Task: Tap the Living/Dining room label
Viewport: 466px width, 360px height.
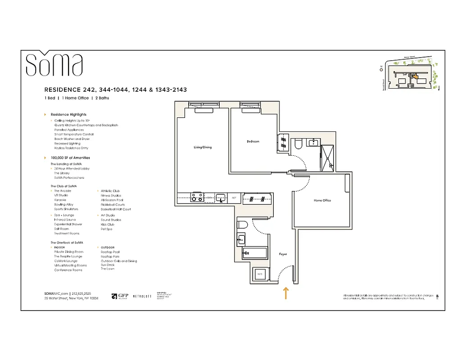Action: pyautogui.click(x=202, y=148)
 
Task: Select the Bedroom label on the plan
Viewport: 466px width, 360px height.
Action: pyautogui.click(x=253, y=142)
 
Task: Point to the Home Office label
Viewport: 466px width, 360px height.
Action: pyautogui.click(x=322, y=200)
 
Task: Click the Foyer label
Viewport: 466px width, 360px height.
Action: pyautogui.click(x=283, y=254)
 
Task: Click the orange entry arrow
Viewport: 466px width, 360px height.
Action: pyautogui.click(x=285, y=293)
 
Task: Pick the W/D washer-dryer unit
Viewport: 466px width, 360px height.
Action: pyautogui.click(x=260, y=274)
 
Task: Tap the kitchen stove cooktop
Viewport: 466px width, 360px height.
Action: pyautogui.click(x=196, y=197)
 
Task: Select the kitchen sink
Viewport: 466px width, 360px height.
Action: pyautogui.click(x=220, y=197)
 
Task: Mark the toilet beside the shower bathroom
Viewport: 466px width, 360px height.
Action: pyautogui.click(x=298, y=144)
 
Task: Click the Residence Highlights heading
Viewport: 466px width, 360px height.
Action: pyautogui.click(x=68, y=115)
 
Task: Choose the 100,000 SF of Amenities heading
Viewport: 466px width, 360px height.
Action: pyautogui.click(x=70, y=158)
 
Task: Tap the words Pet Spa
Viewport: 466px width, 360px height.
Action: pyautogui.click(x=107, y=229)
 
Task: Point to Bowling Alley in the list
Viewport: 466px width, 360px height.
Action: pyautogui.click(x=63, y=205)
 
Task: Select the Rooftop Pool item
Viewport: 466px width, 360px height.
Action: pyautogui.click(x=110, y=252)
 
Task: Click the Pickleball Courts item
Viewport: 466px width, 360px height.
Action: pyautogui.click(x=113, y=205)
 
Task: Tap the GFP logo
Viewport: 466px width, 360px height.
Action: pyautogui.click(x=120, y=296)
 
